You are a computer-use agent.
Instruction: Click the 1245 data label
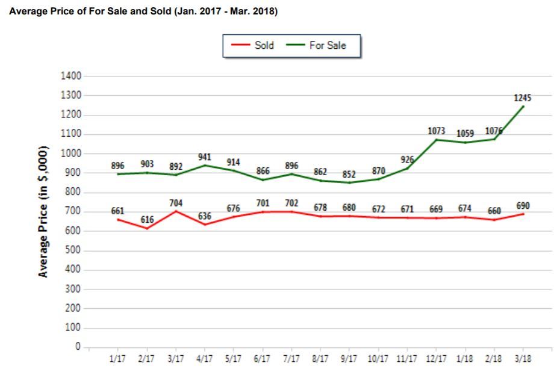pyautogui.click(x=522, y=98)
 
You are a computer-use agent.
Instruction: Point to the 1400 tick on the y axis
pyautogui.click(x=70, y=76)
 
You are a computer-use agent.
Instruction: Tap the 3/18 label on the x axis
pyautogui.click(x=522, y=359)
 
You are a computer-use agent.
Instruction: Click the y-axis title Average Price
pyautogui.click(x=43, y=212)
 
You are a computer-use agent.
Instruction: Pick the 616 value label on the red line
pyautogui.click(x=147, y=220)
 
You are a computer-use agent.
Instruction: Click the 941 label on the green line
pyautogui.click(x=205, y=157)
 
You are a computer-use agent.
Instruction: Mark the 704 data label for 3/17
pyautogui.click(x=176, y=203)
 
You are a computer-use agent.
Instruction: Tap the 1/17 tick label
pyautogui.click(x=118, y=359)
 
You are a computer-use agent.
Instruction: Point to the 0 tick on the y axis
pyautogui.click(x=78, y=347)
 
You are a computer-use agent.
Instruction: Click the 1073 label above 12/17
pyautogui.click(x=437, y=131)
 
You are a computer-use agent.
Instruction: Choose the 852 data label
pyautogui.click(x=349, y=175)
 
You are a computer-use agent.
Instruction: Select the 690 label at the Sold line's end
pyautogui.click(x=522, y=205)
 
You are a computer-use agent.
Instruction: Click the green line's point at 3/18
pyautogui.click(x=523, y=107)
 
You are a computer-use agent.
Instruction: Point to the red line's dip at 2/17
pyautogui.click(x=147, y=228)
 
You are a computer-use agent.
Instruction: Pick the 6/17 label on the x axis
pyautogui.click(x=263, y=359)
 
